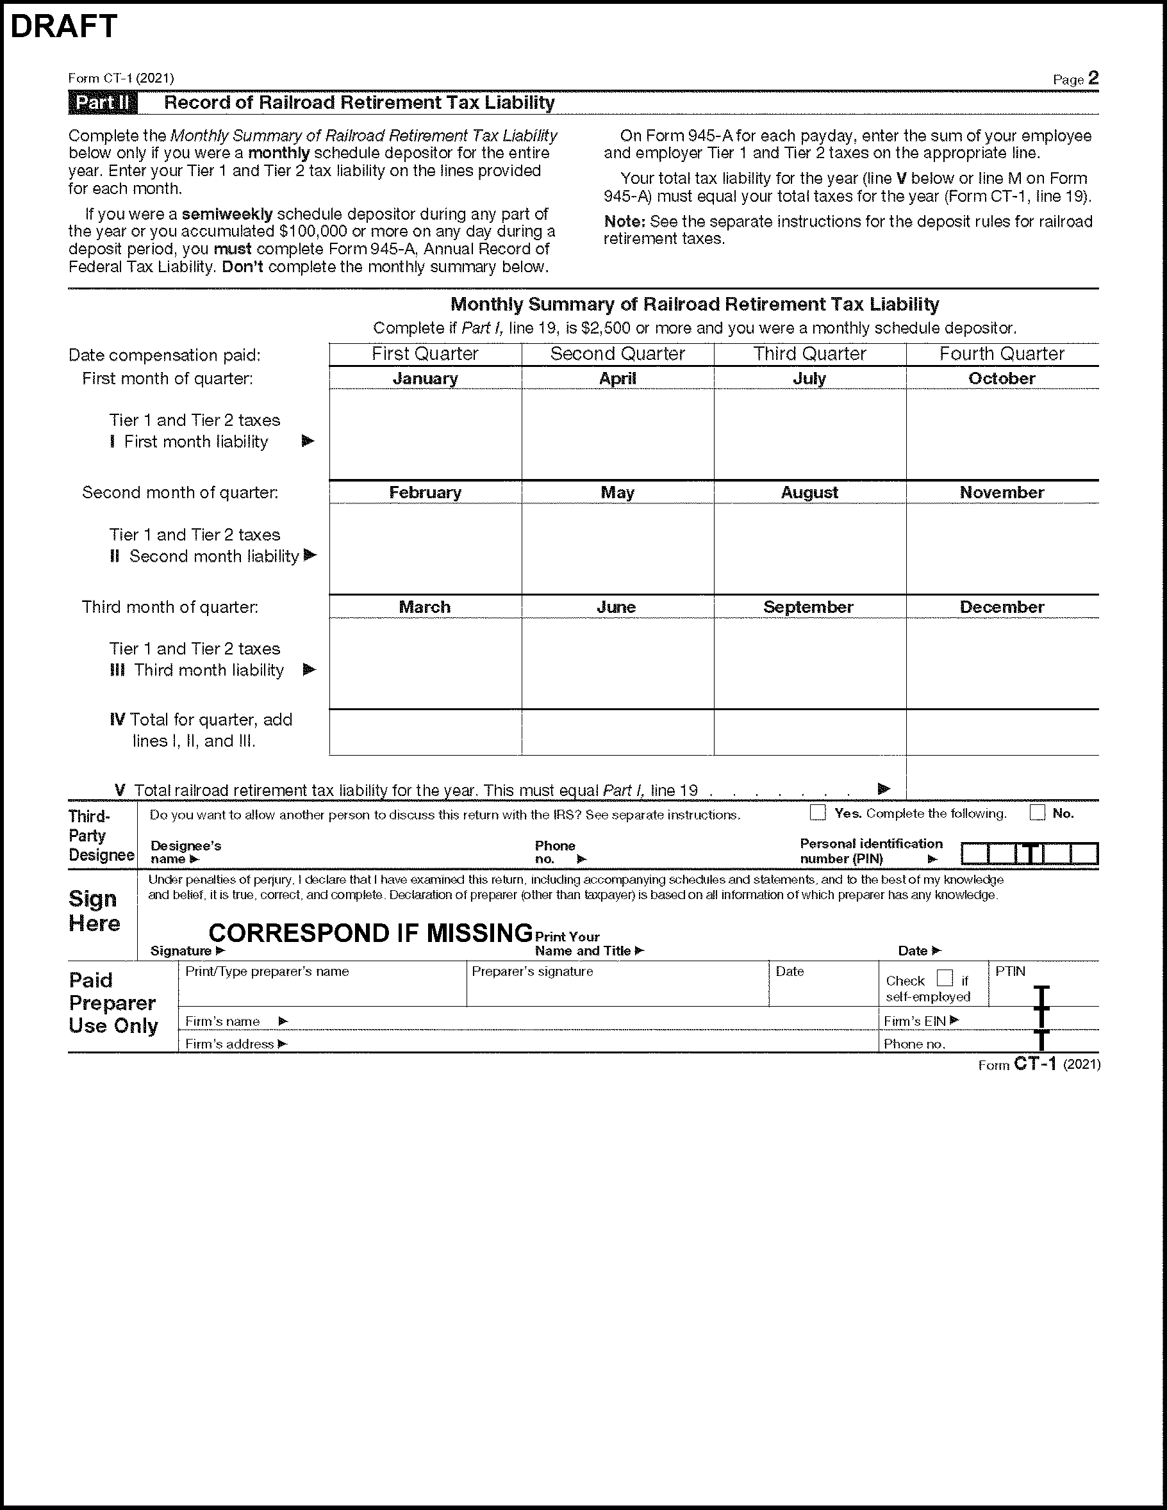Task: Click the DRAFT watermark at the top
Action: coord(63,26)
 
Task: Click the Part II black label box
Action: coord(103,103)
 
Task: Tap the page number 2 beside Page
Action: coord(1093,78)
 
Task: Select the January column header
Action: coord(425,378)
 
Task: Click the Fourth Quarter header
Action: coord(1002,354)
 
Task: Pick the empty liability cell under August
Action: coord(809,548)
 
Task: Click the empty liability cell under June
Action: coord(617,663)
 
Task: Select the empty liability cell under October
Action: coord(1002,434)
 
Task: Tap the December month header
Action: coord(1002,607)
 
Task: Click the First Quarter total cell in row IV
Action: coord(425,732)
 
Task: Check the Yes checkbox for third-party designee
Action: coord(818,813)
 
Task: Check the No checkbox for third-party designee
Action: coord(1037,813)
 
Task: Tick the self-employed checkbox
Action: coord(944,978)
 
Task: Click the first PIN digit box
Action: coord(974,854)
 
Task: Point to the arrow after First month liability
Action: coord(308,441)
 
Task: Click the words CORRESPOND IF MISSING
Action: coord(370,934)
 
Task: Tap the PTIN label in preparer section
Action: coord(1010,971)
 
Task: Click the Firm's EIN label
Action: coord(915,1021)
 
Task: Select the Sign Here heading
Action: coord(94,911)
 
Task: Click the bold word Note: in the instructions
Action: coord(624,222)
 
